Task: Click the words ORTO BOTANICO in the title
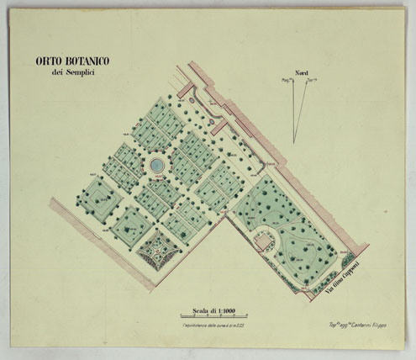click(76, 61)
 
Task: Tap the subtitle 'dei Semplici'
click(75, 74)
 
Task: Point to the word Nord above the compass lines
click(296, 72)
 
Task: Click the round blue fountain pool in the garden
click(156, 166)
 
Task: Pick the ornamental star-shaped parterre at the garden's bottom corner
click(158, 249)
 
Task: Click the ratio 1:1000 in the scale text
click(223, 308)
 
